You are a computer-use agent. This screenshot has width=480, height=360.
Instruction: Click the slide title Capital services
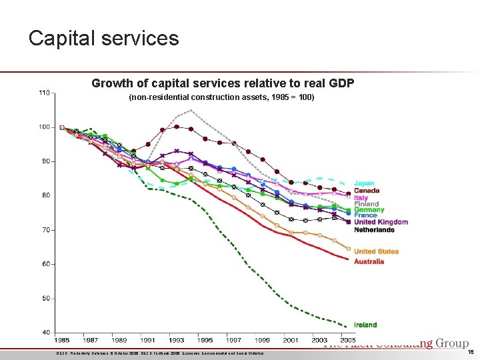(104, 38)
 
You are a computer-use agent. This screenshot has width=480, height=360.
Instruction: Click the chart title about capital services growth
(223, 83)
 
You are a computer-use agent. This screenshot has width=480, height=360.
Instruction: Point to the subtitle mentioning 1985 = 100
(221, 98)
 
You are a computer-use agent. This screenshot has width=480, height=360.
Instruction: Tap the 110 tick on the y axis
(45, 92)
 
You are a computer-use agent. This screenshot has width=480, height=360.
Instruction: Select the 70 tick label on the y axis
(46, 230)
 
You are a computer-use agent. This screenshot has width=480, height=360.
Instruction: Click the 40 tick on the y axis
(46, 332)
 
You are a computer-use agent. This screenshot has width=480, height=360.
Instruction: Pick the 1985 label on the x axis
(61, 341)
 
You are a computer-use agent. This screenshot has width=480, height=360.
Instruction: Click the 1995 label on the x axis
(205, 341)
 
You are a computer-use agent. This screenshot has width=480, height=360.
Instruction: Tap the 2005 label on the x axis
(348, 341)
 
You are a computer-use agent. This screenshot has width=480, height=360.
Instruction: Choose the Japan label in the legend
(363, 183)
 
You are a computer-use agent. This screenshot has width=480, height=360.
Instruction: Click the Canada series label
(367, 191)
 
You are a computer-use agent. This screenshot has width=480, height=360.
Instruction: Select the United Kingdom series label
(381, 222)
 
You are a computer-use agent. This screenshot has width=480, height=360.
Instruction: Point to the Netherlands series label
(374, 230)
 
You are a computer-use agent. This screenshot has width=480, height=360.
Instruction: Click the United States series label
(376, 251)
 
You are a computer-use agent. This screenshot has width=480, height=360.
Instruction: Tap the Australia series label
(369, 261)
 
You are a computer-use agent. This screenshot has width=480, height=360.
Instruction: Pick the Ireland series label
(365, 325)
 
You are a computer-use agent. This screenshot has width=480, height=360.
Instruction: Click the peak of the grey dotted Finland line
(191, 110)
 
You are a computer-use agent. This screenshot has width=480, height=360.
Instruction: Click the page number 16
(469, 352)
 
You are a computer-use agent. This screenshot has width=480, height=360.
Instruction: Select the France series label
(365, 215)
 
